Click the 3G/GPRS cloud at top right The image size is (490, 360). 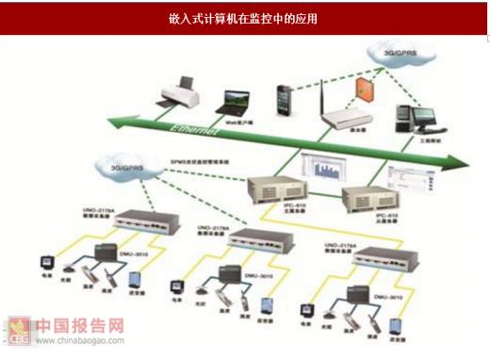tap(400, 55)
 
